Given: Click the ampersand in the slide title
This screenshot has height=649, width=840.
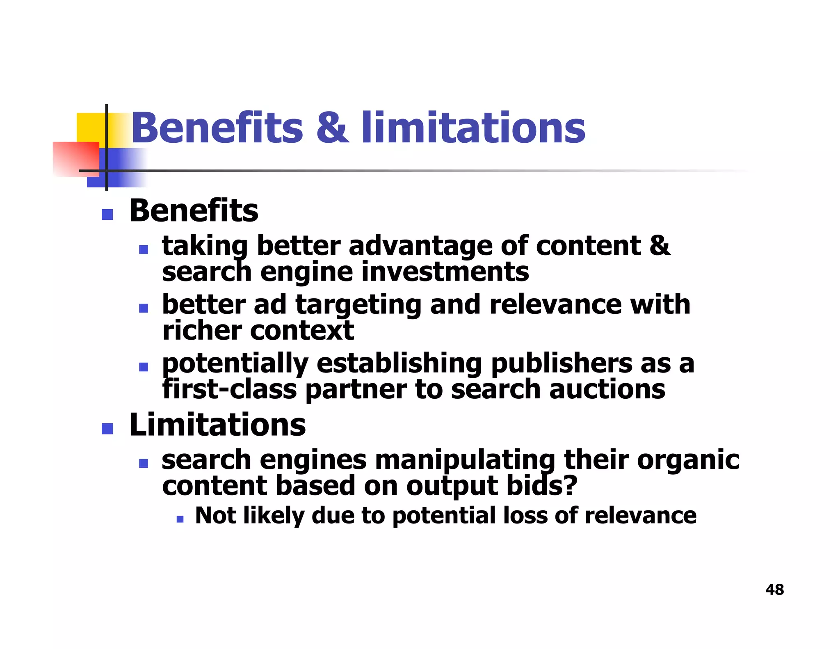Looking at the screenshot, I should pyautogui.click(x=333, y=128).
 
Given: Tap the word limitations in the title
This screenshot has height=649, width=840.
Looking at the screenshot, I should pyautogui.click(x=473, y=128).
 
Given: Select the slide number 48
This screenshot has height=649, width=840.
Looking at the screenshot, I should pyautogui.click(x=774, y=590).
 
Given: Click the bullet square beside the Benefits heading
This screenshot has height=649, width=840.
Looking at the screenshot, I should pyautogui.click(x=107, y=214).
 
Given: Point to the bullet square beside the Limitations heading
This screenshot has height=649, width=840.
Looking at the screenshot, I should pyautogui.click(x=107, y=428).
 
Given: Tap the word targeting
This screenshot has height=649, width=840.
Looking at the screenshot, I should pyautogui.click(x=358, y=305).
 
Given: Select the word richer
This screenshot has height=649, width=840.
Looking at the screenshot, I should pyautogui.click(x=201, y=331).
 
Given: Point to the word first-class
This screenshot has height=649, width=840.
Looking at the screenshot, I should pyautogui.click(x=229, y=389).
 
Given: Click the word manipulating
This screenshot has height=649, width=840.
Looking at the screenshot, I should pyautogui.click(x=465, y=460).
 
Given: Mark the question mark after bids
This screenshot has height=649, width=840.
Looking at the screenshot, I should pyautogui.click(x=570, y=486).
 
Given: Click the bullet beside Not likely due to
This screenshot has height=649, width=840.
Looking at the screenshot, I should pyautogui.click(x=180, y=519).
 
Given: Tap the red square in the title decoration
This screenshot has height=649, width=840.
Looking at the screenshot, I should pyautogui.click(x=75, y=159).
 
